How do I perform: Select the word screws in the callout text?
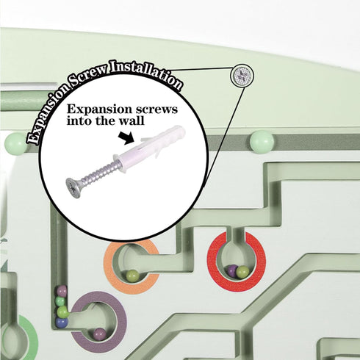(156, 109)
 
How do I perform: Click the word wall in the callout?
(133, 120)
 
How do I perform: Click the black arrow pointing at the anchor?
(126, 138)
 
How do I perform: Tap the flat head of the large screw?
(73, 187)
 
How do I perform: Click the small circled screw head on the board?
(242, 76)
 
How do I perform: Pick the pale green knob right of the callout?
(262, 142)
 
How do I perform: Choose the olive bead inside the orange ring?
(132, 276)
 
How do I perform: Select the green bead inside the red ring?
(242, 272)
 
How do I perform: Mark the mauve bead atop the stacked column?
(61, 291)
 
